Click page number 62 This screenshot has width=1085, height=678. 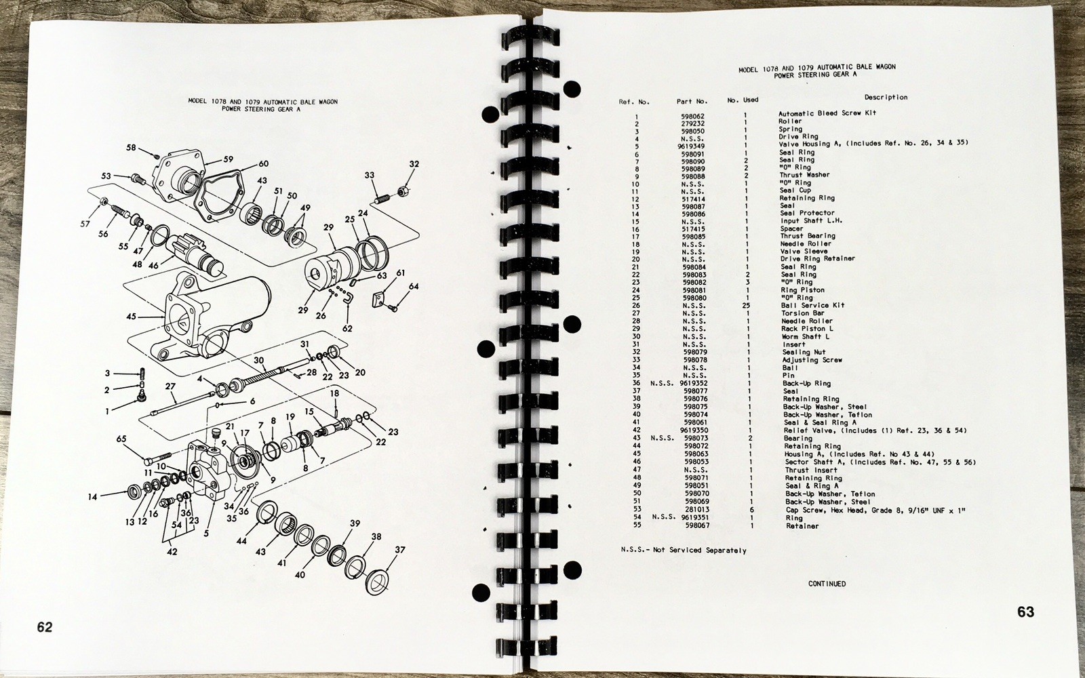pos(45,627)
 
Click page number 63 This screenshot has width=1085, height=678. pos(1025,612)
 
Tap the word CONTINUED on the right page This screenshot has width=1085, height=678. pos(827,584)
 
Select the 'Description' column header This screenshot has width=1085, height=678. pos(886,98)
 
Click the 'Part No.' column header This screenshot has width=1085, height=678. pos(692,102)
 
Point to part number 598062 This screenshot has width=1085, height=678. pos(692,117)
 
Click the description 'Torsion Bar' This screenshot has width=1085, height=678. pos(803,313)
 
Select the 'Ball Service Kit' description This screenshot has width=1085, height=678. pos(812,306)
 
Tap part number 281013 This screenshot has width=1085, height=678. pos(696,510)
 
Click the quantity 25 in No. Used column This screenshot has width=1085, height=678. pos(746,306)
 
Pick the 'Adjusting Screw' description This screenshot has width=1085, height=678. pos(812,360)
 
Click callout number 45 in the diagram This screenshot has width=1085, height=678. pos(132,317)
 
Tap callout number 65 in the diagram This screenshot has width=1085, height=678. pos(121,439)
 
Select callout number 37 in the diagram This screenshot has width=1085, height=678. pos(399,550)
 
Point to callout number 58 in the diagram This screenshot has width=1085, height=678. pos(132,147)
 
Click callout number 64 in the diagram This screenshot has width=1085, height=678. pos(413,286)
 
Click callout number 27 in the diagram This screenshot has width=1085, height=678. pos(170,386)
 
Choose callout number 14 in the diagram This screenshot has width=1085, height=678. pos(92,496)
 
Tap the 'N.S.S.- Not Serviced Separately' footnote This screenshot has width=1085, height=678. pos(684,550)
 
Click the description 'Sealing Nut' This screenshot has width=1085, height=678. pos(804,353)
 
